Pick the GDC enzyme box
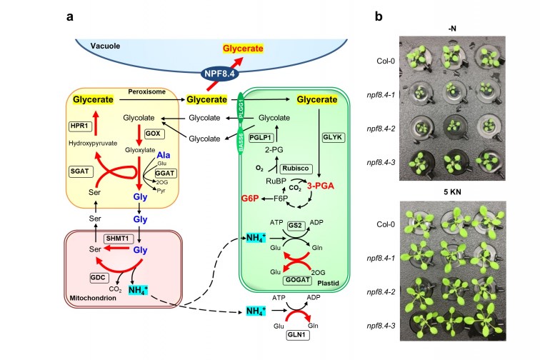(x=98, y=276)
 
